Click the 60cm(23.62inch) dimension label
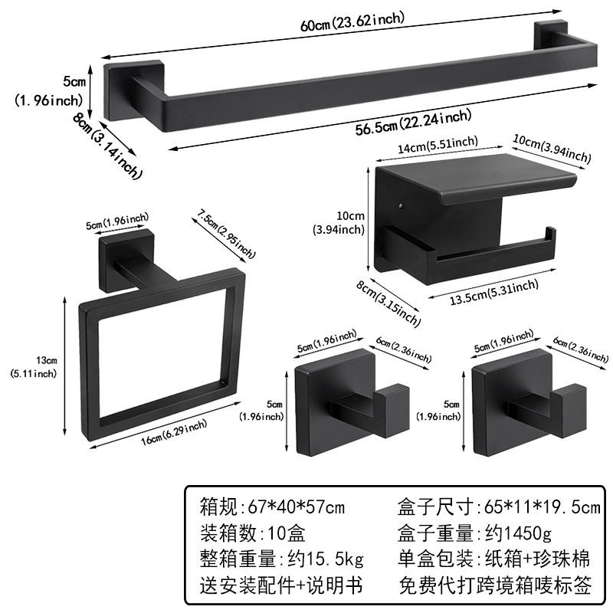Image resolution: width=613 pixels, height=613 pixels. point(352,21)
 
